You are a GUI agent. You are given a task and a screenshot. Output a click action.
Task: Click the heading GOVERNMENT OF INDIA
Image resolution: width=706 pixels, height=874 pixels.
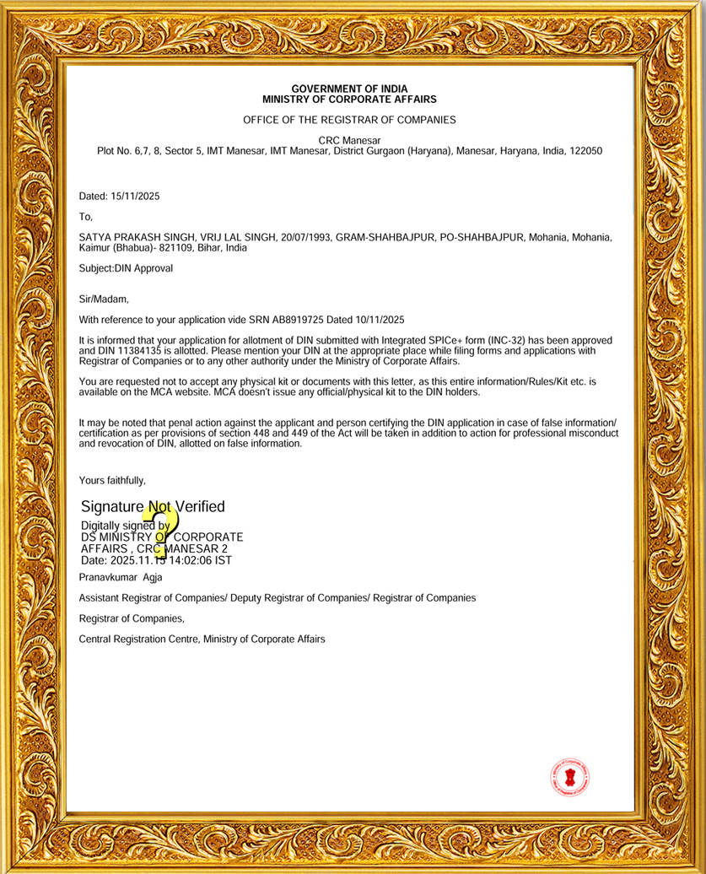point(349,89)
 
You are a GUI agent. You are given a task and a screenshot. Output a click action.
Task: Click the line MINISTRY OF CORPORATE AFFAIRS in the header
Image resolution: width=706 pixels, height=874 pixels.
point(349,99)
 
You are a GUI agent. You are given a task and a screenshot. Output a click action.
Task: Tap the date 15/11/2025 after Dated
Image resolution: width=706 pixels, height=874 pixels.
point(135,197)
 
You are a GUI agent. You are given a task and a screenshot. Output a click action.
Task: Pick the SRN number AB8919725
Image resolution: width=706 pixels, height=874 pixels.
point(285,320)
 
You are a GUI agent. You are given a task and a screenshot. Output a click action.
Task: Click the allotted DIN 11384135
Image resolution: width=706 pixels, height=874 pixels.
point(131,350)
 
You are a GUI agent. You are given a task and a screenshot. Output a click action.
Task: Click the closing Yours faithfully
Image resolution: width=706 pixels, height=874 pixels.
point(112,480)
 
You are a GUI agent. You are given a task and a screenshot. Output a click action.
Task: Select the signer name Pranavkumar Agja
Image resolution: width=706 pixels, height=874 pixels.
point(121,577)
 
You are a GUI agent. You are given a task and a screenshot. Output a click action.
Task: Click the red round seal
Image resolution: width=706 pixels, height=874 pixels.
point(570,777)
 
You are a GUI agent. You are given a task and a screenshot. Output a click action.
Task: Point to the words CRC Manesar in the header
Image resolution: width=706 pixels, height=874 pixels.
point(349,140)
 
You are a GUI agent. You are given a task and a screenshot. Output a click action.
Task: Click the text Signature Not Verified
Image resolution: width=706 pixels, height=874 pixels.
point(153,507)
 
